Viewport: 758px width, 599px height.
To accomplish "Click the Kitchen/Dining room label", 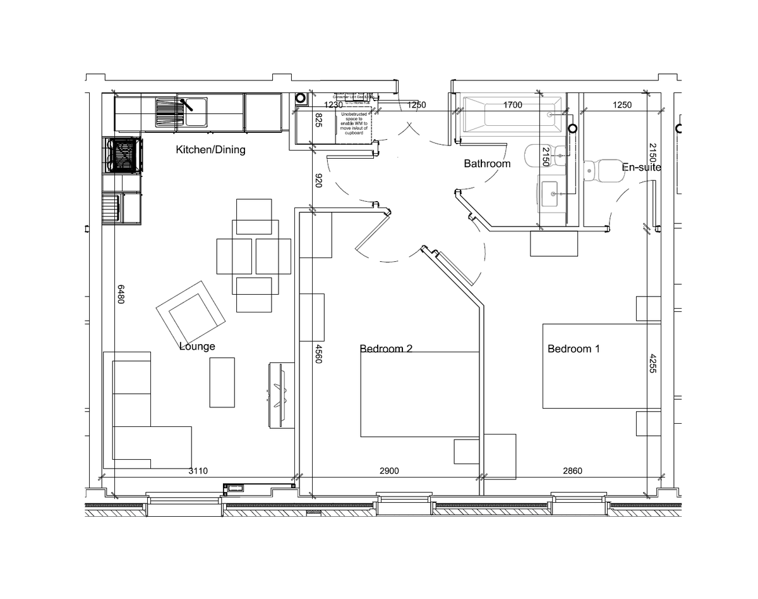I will [x=210, y=150].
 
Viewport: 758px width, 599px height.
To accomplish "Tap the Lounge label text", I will [x=197, y=346].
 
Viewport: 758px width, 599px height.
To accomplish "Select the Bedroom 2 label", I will [x=386, y=349].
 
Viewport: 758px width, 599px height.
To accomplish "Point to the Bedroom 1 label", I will [x=574, y=349].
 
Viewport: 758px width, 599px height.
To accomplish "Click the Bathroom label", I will [x=486, y=163].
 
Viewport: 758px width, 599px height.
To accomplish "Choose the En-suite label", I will [x=641, y=168].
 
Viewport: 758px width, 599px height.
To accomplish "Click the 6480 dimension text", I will [x=120, y=293].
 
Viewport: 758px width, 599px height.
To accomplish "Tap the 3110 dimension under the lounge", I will [x=199, y=471].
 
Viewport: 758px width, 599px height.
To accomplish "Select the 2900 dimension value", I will [x=389, y=471].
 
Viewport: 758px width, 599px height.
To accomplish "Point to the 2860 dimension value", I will [x=572, y=471].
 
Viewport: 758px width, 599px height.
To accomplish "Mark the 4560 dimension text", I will [x=318, y=353].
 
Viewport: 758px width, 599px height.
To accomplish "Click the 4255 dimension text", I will [x=653, y=362].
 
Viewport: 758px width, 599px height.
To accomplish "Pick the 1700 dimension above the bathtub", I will [x=512, y=105].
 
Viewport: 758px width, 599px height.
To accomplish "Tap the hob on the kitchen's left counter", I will [x=123, y=155].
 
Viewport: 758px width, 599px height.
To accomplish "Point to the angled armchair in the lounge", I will [x=191, y=311].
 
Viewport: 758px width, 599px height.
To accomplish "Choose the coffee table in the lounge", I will [x=222, y=382].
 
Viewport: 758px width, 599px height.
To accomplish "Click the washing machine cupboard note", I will [x=352, y=124].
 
